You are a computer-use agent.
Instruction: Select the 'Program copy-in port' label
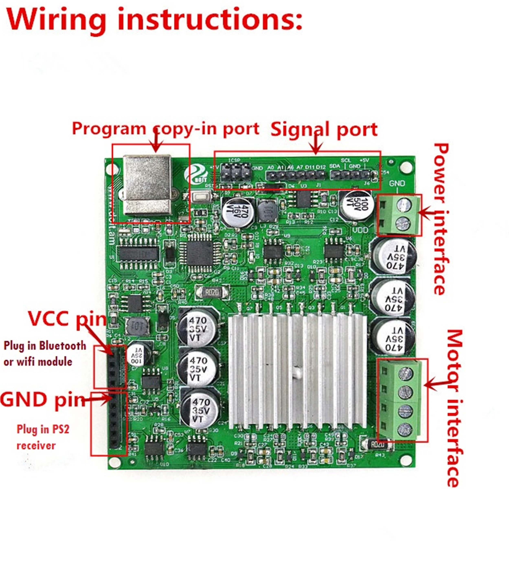coord(165,129)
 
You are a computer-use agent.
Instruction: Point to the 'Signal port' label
coord(324,129)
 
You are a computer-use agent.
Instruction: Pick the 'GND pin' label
coord(43,399)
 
